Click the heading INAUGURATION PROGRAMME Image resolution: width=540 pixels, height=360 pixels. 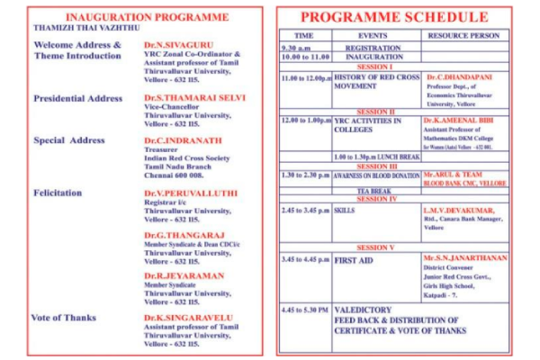pos(134,17)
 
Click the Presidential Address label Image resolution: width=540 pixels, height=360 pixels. pos(77,98)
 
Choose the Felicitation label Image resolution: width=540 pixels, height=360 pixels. pos(58,193)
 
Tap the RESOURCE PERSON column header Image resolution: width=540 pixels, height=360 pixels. pos(463,35)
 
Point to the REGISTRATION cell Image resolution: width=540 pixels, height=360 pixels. pos(373,47)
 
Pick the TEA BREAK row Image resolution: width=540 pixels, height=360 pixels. pos(373,191)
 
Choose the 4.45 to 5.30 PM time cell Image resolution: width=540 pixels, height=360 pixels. pos(305,310)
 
